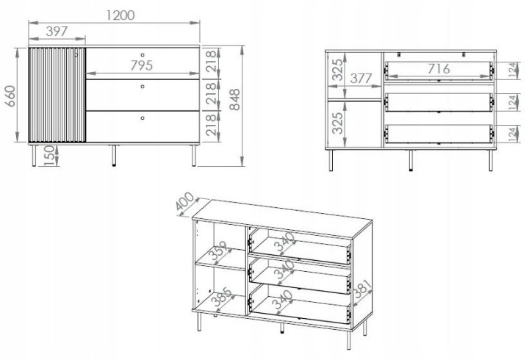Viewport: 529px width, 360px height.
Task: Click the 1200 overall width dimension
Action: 120,15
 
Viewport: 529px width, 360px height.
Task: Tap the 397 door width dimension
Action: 57,32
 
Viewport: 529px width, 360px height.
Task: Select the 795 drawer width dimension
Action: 142,65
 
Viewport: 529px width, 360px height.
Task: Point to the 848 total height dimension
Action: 234,99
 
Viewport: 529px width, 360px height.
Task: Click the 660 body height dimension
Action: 10,96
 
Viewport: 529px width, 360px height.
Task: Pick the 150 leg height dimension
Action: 49,156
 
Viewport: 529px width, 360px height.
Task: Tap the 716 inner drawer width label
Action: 439,69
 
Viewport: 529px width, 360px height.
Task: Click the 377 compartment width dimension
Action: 361,79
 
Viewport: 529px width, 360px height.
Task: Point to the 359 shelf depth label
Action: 220,251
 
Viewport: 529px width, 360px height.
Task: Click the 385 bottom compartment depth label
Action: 222,298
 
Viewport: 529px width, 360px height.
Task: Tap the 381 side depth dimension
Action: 362,289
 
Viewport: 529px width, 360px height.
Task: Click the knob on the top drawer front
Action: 143,54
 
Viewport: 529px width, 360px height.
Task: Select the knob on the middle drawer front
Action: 143,87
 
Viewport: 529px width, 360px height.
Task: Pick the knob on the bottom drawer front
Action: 143,118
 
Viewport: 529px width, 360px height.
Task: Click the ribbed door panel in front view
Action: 57,95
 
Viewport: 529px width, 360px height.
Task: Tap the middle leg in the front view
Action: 114,156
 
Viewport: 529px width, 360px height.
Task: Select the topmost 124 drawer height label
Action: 513,71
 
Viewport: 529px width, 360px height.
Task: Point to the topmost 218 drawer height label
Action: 210,61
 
